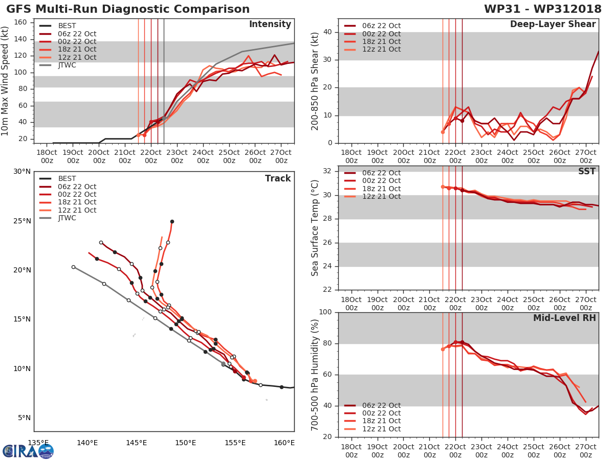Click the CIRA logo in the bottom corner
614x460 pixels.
[28, 451]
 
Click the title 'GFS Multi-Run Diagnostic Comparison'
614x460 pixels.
[128, 9]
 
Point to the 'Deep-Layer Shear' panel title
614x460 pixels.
[553, 25]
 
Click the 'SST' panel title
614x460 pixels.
[587, 171]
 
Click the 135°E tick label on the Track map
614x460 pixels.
[38, 443]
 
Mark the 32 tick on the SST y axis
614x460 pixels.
[327, 171]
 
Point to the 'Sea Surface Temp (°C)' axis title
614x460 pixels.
[315, 228]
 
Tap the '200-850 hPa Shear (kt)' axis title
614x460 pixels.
[315, 82]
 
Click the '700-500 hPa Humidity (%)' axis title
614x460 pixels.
[315, 375]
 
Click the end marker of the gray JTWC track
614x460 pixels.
[73, 267]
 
